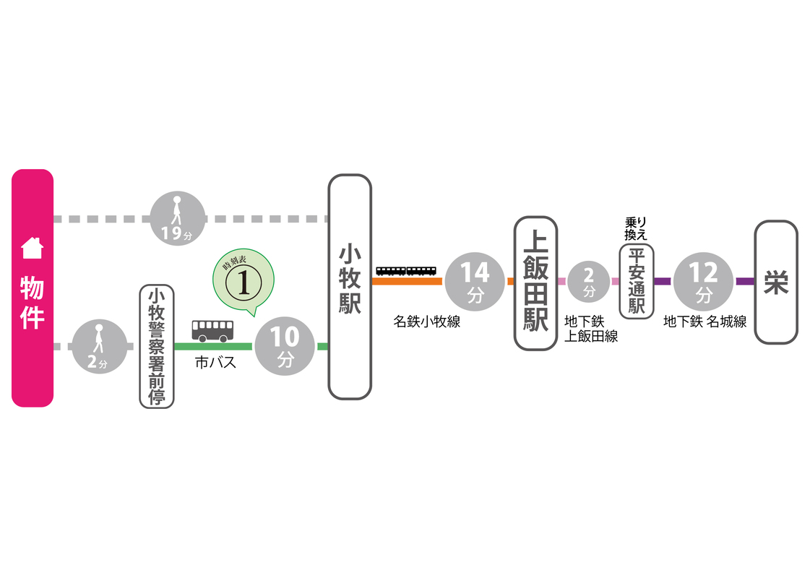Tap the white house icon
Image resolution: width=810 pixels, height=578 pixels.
click(33, 248)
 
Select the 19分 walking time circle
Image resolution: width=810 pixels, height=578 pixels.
click(177, 218)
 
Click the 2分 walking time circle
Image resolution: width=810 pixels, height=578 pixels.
click(100, 347)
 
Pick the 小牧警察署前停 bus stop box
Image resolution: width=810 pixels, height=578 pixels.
click(157, 346)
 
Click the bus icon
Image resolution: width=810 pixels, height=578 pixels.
click(212, 331)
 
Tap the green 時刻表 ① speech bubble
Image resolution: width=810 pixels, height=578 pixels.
click(244, 282)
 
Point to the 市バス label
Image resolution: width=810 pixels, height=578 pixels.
click(215, 363)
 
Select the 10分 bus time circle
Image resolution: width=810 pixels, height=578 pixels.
click(285, 347)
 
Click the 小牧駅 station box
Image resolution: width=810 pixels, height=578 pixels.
click(350, 286)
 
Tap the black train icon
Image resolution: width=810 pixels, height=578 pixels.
click(406, 271)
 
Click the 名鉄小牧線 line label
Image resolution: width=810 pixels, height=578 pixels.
click(427, 322)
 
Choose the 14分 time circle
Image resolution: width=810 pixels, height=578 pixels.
click(475, 281)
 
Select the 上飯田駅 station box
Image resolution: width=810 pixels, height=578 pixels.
click(535, 283)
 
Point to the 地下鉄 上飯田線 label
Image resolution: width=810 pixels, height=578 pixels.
click(591, 329)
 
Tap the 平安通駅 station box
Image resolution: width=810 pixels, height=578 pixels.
click(637, 282)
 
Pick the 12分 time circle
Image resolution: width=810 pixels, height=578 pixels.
click(703, 281)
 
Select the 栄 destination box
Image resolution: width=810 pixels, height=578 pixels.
click(776, 282)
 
